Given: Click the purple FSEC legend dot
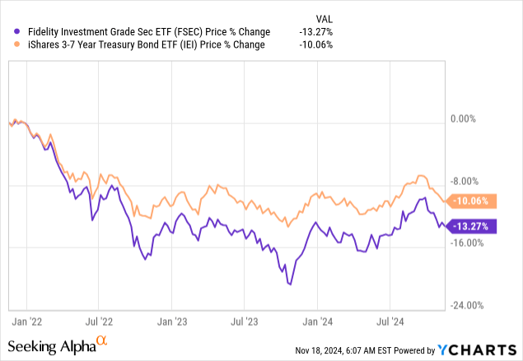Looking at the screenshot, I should point(8,32).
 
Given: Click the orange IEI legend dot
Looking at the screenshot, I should point(8,45).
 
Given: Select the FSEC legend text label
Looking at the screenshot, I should point(139,32).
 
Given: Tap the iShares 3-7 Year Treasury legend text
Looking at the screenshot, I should point(139,45).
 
